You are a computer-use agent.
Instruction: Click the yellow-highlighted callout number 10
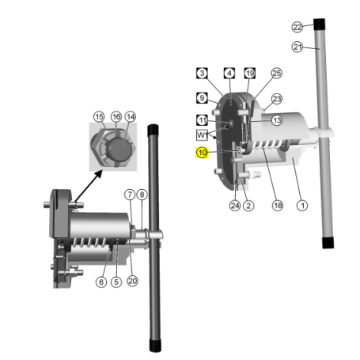(x=202, y=153)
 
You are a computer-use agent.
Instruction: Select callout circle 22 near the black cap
(x=297, y=27)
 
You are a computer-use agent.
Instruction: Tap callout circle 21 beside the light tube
(x=297, y=47)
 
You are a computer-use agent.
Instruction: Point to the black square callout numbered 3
(x=202, y=73)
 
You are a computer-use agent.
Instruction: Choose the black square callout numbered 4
(x=229, y=73)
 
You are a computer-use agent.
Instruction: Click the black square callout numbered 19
(x=249, y=73)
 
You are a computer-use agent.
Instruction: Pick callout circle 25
(x=277, y=74)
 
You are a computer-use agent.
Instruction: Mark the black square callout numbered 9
(x=202, y=98)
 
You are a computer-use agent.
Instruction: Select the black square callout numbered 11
(x=202, y=120)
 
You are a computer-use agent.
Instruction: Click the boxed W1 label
(x=202, y=135)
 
